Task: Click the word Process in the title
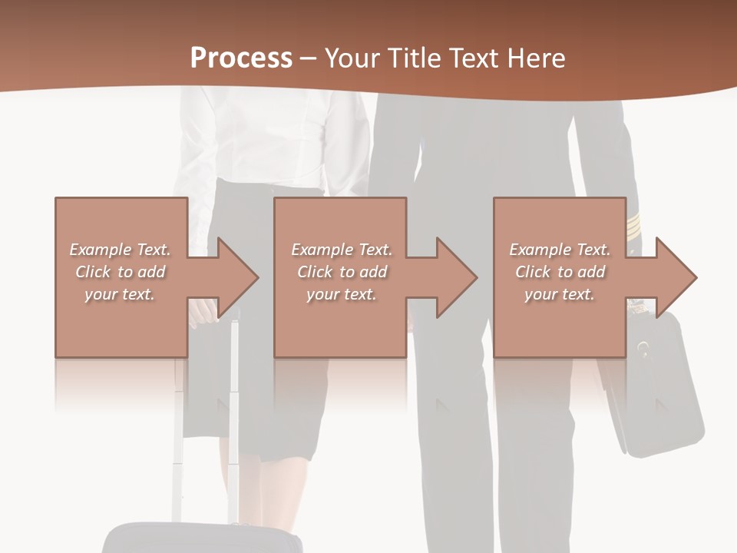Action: [x=241, y=58]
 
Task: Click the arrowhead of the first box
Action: [x=237, y=277]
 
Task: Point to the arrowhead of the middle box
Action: [x=457, y=277]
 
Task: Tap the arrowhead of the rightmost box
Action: [x=676, y=277]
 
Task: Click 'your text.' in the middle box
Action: [x=340, y=294]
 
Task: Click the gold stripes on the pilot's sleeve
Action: [x=633, y=226]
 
